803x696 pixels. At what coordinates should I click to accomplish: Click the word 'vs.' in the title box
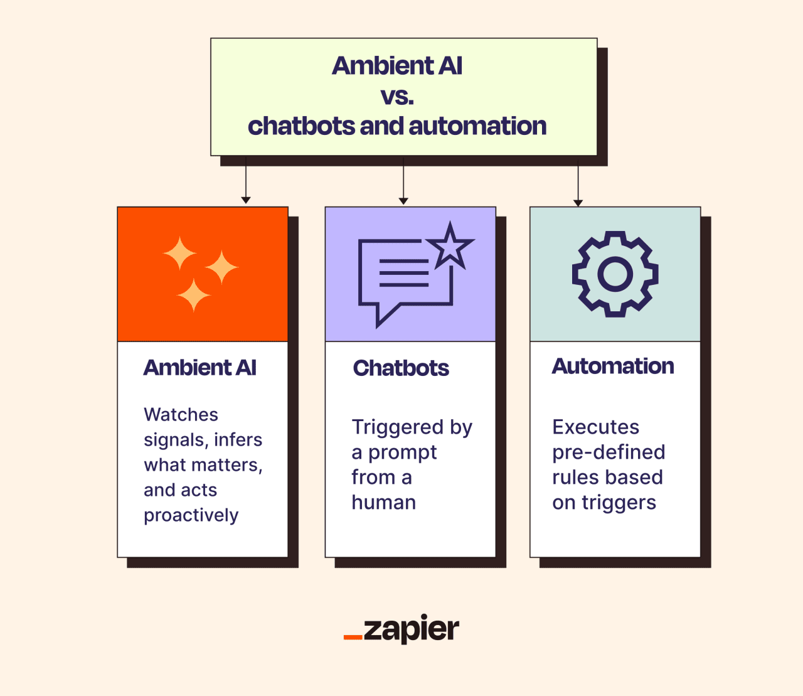tap(397, 96)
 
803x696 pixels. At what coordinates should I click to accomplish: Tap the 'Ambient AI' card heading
tap(200, 367)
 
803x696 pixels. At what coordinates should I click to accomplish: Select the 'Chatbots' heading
tap(401, 368)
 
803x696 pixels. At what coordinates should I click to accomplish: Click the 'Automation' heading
tap(613, 366)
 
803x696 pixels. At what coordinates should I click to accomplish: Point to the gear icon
tap(615, 274)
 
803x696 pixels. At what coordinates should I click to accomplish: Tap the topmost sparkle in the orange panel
tap(179, 253)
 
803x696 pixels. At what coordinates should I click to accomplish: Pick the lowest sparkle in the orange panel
tap(194, 294)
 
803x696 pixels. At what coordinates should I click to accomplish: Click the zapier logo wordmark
tap(412, 629)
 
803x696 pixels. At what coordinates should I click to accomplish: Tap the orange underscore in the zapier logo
tap(353, 638)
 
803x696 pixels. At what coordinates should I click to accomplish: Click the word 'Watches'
tap(181, 414)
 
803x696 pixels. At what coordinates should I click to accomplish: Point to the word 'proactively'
tap(191, 515)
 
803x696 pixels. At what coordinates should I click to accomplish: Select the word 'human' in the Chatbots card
tap(383, 502)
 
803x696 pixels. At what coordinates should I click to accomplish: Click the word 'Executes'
tap(595, 427)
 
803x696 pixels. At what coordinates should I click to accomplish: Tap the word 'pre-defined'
tap(609, 452)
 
